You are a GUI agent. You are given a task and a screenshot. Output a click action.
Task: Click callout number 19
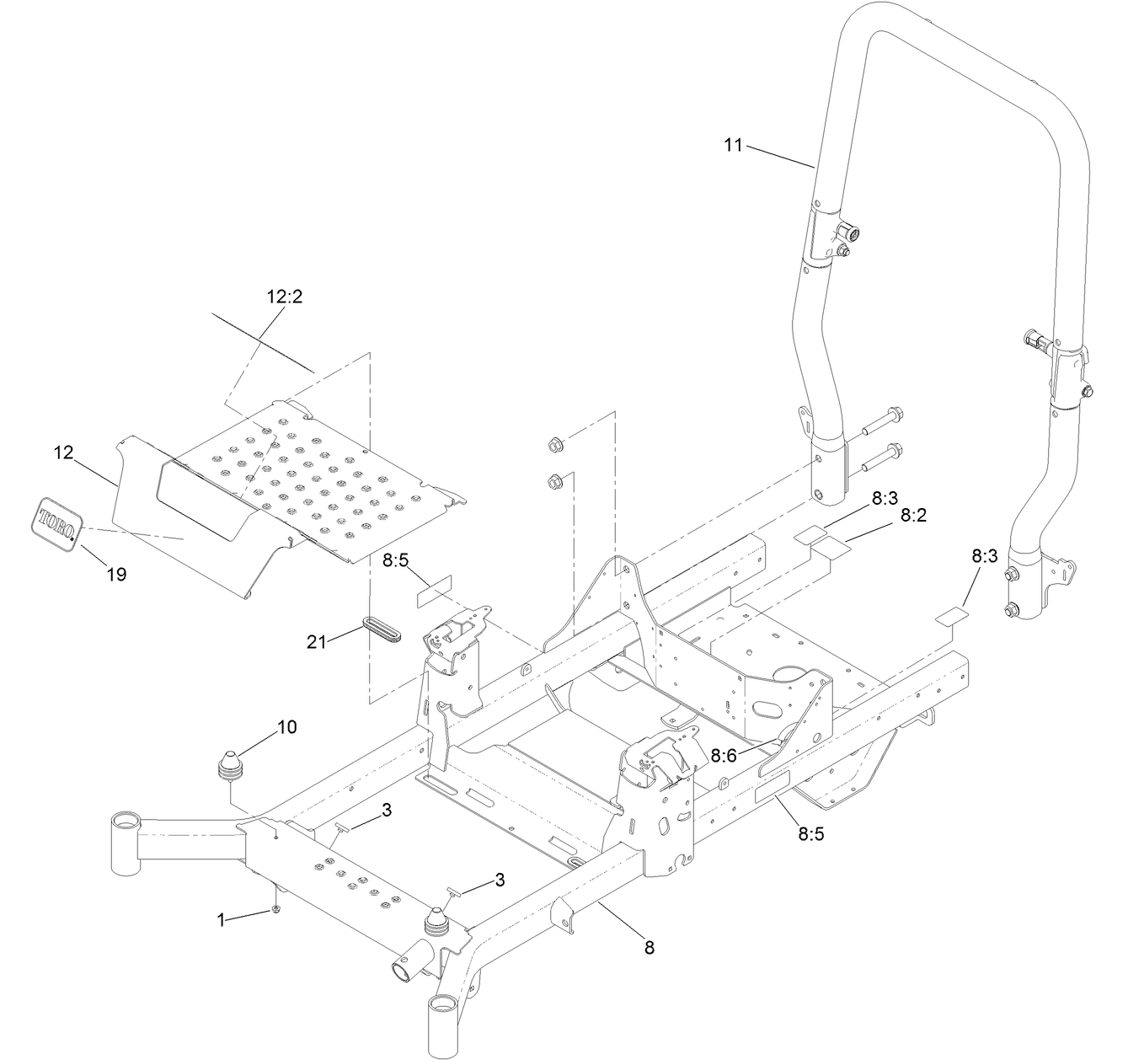116,574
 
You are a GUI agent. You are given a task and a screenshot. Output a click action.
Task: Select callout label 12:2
284,297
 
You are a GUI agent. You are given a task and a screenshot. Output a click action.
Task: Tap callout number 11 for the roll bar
733,145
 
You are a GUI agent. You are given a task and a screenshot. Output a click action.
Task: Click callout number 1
222,921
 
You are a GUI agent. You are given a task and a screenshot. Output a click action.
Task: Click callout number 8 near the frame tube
649,947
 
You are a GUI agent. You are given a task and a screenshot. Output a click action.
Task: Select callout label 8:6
724,756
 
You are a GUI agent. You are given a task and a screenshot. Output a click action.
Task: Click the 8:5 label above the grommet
397,559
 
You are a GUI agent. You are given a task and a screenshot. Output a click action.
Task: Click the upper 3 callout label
387,811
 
